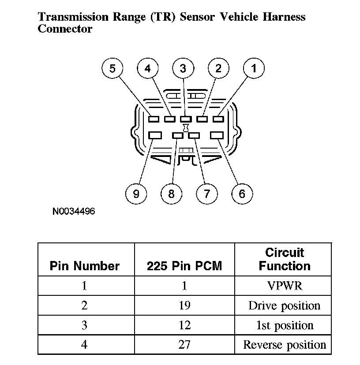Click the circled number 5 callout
click(112, 68)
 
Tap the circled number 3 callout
click(183, 68)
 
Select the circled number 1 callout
click(254, 68)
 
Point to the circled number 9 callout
click(136, 193)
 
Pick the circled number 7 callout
click(206, 193)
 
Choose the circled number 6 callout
click(242, 193)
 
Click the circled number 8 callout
click(171, 193)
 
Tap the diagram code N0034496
click(74, 212)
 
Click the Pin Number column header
click(85, 266)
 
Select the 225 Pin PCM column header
click(184, 266)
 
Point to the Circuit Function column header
click(285, 259)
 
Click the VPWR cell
click(285, 286)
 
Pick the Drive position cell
click(285, 305)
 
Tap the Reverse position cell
click(285, 344)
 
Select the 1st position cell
click(285, 325)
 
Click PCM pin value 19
click(184, 305)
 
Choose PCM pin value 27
click(184, 344)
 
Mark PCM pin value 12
click(184, 325)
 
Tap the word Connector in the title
click(65, 29)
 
